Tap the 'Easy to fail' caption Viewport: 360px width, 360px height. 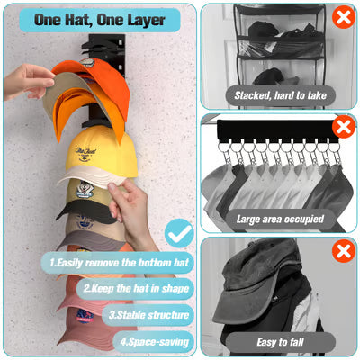(279, 341)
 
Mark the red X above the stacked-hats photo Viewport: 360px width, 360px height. (342, 17)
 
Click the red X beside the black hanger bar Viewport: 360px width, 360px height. (343, 126)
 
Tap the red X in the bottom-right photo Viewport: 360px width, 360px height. (343, 251)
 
